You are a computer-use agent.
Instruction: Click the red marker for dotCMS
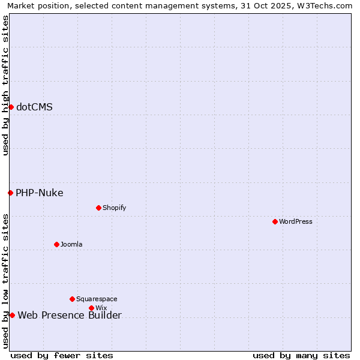11,107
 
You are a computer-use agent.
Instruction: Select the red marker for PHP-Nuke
10,193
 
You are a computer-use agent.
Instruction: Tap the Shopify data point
98,208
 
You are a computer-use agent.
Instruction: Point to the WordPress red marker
275,221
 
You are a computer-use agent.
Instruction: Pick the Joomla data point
56,244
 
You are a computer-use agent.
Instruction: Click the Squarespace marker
72,299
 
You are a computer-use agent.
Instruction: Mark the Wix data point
91,308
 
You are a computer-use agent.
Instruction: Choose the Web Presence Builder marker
12,315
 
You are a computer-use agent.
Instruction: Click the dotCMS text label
34,107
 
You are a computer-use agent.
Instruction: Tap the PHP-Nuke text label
40,193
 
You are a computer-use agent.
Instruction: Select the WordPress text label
296,221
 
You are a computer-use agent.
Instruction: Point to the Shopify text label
114,208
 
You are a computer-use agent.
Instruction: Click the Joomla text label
71,244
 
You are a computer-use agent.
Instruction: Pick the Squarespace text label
97,299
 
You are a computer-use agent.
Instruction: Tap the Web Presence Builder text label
70,316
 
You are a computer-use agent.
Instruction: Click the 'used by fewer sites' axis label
62,355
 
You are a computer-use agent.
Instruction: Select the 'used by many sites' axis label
301,355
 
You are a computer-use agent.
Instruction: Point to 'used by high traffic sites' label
5,85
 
